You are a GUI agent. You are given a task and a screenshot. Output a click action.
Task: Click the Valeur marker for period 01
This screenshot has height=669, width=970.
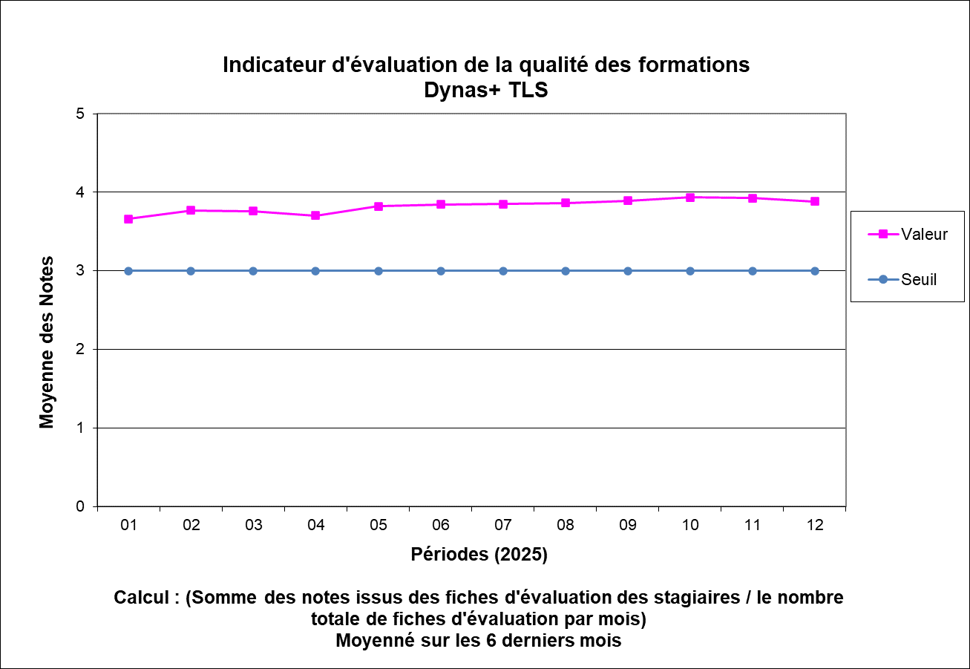128,219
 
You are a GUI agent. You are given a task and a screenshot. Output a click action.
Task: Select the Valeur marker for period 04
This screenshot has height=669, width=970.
315,215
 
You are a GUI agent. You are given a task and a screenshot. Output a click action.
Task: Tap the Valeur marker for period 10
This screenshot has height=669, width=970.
690,198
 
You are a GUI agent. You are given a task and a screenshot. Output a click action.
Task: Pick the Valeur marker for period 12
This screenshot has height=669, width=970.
815,201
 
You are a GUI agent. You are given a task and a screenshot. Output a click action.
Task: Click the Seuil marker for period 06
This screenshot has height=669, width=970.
441,271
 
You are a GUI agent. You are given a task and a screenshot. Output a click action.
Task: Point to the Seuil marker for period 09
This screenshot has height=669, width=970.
628,271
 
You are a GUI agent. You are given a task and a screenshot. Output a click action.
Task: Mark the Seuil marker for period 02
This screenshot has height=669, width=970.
191,271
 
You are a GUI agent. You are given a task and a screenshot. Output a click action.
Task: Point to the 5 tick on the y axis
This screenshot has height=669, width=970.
81,114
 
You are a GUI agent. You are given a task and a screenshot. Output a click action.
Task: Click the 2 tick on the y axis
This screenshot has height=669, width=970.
81,350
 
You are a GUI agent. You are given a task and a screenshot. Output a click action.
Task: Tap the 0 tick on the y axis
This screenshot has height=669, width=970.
81,506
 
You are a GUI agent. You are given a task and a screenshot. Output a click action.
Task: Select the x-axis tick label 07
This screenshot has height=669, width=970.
503,526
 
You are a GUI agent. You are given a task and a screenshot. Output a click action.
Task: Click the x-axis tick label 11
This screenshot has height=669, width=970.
753,526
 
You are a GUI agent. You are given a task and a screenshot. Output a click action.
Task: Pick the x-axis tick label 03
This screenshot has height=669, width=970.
253,526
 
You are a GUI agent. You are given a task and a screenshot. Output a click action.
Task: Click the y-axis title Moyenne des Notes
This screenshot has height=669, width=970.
47,342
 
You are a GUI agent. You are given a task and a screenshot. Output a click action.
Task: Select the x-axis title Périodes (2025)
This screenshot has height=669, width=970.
479,555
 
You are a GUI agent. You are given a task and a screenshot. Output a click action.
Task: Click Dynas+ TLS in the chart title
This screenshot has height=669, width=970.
485,90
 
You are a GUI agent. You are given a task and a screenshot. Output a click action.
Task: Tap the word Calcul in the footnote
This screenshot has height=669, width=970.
142,598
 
